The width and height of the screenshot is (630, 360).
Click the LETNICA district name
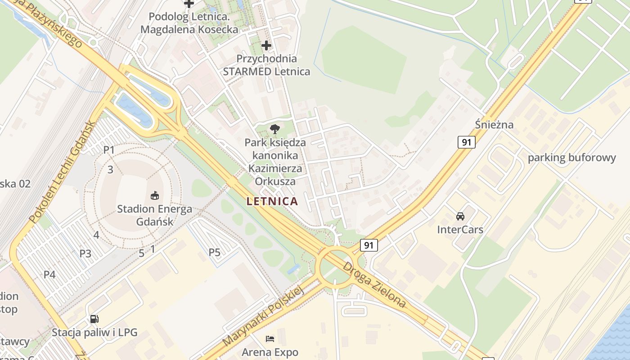(x=272, y=201)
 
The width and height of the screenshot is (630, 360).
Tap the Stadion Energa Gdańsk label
(x=154, y=215)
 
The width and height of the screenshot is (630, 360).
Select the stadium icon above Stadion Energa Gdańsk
(x=154, y=195)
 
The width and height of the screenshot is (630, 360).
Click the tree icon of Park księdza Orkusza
(x=274, y=130)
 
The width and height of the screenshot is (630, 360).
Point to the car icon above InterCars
(x=460, y=216)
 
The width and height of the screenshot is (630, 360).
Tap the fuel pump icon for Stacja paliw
(x=94, y=319)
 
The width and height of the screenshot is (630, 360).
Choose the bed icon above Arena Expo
(x=270, y=338)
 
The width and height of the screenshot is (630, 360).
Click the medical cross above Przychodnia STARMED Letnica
(x=266, y=45)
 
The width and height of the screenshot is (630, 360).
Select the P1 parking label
(x=109, y=150)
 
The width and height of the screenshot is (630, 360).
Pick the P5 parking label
(x=215, y=252)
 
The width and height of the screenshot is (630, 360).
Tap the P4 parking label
(x=49, y=274)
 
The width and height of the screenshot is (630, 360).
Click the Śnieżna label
(x=494, y=125)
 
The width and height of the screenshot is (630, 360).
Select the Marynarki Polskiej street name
(x=264, y=316)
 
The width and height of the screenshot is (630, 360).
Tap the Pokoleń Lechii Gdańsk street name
(x=62, y=172)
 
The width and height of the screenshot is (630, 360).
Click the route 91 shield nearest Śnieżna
(x=467, y=142)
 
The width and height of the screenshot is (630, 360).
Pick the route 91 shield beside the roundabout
(x=369, y=245)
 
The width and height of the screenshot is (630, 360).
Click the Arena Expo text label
(x=270, y=352)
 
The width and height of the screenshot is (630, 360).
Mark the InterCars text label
(x=460, y=229)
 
